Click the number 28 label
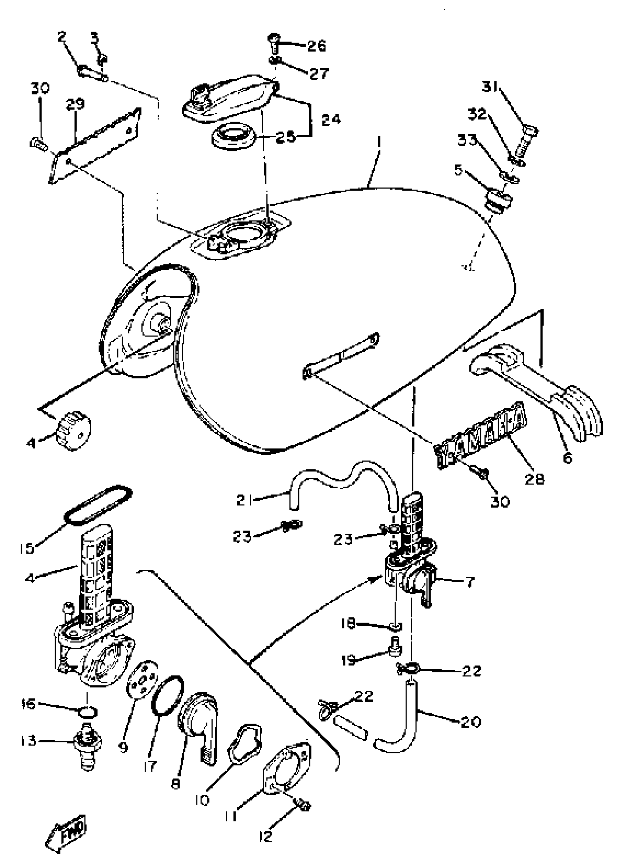(534, 479)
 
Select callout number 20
(471, 721)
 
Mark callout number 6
(567, 457)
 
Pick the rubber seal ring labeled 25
(233, 136)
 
